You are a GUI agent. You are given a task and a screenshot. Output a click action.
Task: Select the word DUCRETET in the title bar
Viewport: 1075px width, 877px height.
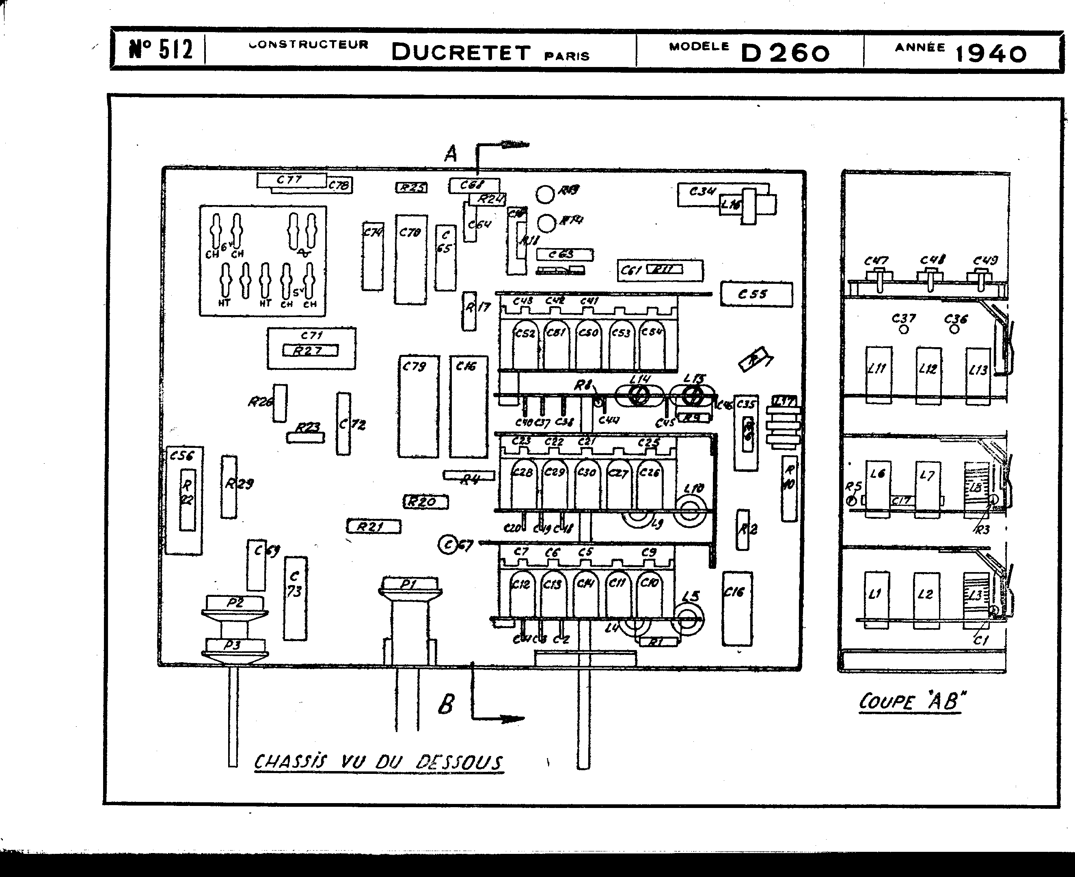pyautogui.click(x=461, y=52)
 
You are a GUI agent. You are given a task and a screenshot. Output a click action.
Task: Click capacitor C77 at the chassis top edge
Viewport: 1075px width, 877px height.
pyautogui.click(x=291, y=180)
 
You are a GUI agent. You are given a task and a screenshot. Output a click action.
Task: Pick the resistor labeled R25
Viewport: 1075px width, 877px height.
pyautogui.click(x=411, y=188)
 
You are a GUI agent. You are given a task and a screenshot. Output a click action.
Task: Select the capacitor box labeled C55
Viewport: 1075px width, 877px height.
pyautogui.click(x=756, y=294)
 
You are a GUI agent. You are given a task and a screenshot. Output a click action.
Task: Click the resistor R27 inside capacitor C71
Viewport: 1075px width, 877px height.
pyautogui.click(x=310, y=350)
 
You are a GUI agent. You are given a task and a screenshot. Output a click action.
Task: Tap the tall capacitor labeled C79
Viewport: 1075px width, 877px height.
pyautogui.click(x=418, y=407)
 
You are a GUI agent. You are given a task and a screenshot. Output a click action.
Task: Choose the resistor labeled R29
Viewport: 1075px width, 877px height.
pyautogui.click(x=229, y=486)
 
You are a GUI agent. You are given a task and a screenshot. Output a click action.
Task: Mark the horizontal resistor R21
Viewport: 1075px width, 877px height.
pyautogui.click(x=373, y=527)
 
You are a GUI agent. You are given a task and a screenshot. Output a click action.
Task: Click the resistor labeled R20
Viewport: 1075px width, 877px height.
pyautogui.click(x=425, y=502)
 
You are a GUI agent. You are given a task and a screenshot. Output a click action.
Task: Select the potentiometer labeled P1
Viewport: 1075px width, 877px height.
pyautogui.click(x=410, y=585)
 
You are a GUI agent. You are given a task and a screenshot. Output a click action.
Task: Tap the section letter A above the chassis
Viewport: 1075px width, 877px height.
pyautogui.click(x=451, y=153)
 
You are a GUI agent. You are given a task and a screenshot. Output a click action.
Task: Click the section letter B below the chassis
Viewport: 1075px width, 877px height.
pyautogui.click(x=446, y=704)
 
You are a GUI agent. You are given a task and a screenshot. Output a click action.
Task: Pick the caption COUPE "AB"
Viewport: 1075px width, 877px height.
pyautogui.click(x=909, y=702)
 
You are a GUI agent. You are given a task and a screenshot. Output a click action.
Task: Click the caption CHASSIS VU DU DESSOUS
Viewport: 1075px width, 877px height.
pyautogui.click(x=378, y=761)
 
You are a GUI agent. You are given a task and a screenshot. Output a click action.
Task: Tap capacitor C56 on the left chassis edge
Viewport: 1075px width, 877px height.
pyautogui.click(x=184, y=500)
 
